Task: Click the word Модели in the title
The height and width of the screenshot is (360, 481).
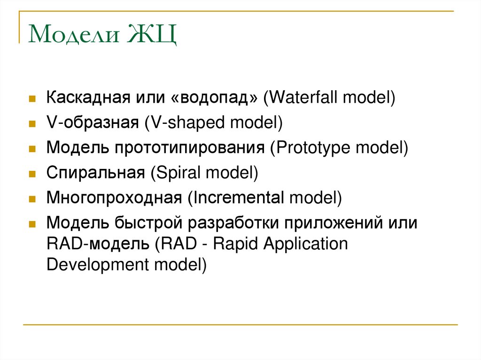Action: (x=74, y=34)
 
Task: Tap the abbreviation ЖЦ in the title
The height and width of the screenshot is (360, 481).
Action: (x=152, y=35)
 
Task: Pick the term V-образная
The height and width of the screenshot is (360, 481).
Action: (x=93, y=123)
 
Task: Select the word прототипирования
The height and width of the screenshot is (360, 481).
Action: (x=190, y=148)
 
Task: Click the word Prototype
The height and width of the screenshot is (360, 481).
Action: (x=313, y=148)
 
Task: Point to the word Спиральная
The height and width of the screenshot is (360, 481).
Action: (x=96, y=173)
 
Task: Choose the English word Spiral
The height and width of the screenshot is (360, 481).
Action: (x=178, y=173)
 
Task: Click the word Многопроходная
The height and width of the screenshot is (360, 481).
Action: (x=114, y=198)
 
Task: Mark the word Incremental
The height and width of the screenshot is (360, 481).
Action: (x=238, y=198)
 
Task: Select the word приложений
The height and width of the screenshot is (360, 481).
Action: (x=333, y=223)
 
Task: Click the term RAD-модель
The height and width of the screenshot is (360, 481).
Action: (x=98, y=244)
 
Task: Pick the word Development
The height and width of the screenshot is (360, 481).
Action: (x=98, y=265)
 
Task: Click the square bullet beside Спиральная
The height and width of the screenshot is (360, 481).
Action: (x=32, y=174)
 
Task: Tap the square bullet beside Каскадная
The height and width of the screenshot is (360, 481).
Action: (x=32, y=99)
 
